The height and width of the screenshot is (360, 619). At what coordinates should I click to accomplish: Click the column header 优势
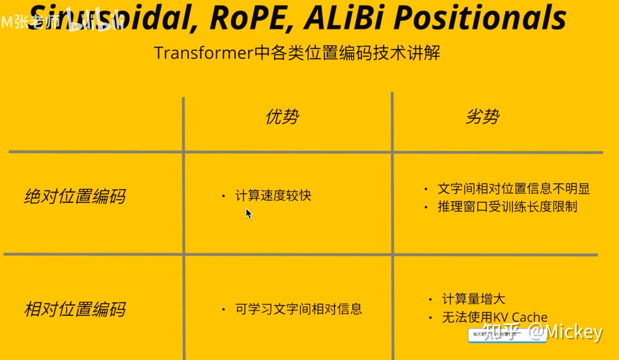282,117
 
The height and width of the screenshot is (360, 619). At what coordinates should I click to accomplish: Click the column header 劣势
482,117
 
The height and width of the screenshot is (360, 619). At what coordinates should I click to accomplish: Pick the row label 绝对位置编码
74,197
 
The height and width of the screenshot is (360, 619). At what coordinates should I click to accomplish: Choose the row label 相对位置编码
74,309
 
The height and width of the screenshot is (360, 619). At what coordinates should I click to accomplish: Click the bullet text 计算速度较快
273,196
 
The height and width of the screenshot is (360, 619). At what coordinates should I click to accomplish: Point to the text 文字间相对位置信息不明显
513,188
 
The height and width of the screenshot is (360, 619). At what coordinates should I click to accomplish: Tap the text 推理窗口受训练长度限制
507,206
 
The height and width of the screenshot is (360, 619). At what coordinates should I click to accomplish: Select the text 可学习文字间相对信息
298,309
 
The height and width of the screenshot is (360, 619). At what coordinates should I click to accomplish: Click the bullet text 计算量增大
473,299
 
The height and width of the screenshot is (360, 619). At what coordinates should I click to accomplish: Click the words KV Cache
520,317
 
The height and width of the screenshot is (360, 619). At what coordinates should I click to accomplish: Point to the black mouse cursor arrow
248,213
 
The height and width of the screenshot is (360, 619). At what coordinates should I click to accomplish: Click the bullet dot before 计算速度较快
223,196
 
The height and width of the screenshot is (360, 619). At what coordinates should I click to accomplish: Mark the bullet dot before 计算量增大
430,299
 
